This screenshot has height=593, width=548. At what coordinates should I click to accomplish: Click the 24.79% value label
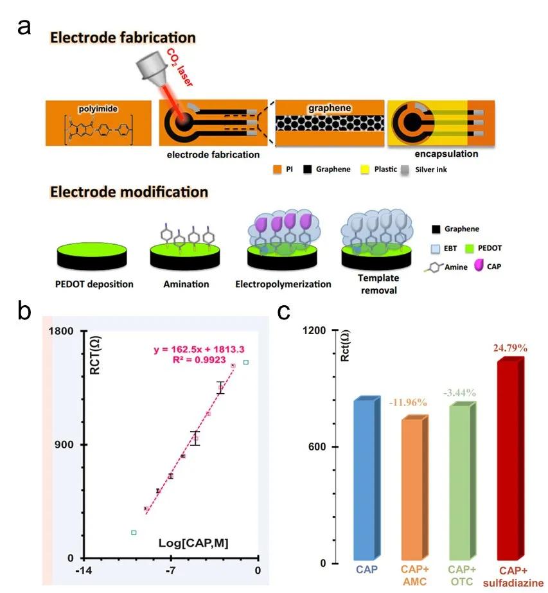(x=511, y=348)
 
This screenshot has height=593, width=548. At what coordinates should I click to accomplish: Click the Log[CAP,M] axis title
(x=194, y=544)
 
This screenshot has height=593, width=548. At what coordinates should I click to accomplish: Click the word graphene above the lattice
(x=329, y=108)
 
